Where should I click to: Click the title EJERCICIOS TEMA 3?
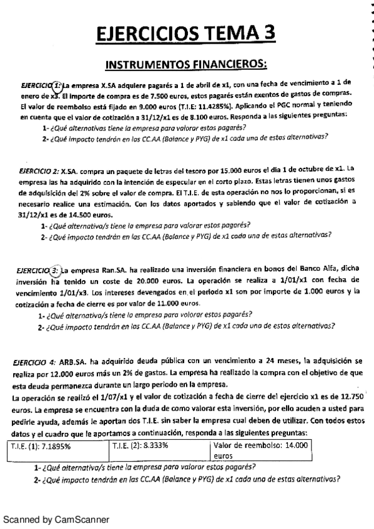[187, 34]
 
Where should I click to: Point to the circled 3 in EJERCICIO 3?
[55, 271]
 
